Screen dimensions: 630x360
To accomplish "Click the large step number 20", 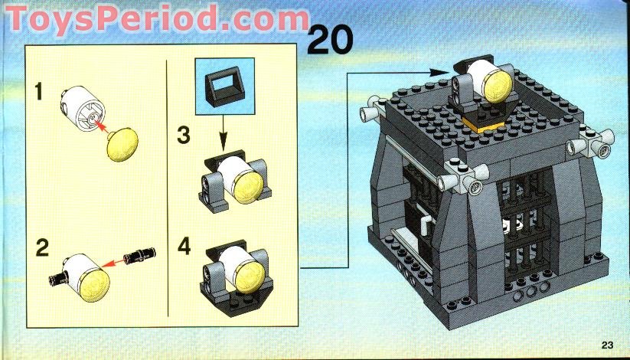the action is (x=330, y=39).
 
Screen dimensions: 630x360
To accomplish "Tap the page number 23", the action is (x=608, y=345).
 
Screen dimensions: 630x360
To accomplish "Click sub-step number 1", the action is (x=38, y=92).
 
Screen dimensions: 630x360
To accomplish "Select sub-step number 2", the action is (x=42, y=247).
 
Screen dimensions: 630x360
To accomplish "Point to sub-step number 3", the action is (x=184, y=135).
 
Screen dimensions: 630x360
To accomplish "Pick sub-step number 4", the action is (x=184, y=246).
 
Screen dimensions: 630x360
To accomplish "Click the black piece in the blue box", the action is (x=224, y=86).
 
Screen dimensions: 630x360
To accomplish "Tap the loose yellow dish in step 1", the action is (x=122, y=145).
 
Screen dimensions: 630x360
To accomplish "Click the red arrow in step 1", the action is (x=102, y=126).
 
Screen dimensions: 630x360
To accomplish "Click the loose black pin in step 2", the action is (x=139, y=255).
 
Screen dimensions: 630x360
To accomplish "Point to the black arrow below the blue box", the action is (x=223, y=133).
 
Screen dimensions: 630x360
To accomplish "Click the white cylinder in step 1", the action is (x=83, y=109).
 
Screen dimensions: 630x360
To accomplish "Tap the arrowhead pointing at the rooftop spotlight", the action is (x=439, y=73).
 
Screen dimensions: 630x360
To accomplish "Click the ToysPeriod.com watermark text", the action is (x=158, y=18).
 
